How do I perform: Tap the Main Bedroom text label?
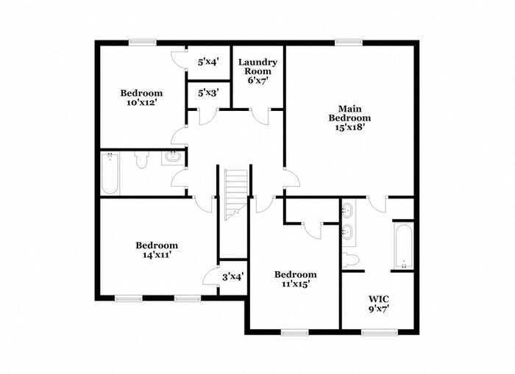coord(349,113)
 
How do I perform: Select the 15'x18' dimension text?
coord(349,126)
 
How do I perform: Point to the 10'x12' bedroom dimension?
coord(141,103)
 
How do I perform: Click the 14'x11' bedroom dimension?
coord(156,255)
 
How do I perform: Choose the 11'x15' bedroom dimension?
coord(295,284)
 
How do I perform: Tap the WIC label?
coord(379,298)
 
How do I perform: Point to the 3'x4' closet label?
coord(233,277)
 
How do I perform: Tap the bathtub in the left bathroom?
coord(110,174)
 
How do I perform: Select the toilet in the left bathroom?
coord(143,157)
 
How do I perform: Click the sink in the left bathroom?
coord(174,156)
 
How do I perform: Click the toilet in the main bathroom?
coord(351,259)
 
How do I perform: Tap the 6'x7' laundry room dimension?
coord(257,81)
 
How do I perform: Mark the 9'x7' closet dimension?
coord(379,309)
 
